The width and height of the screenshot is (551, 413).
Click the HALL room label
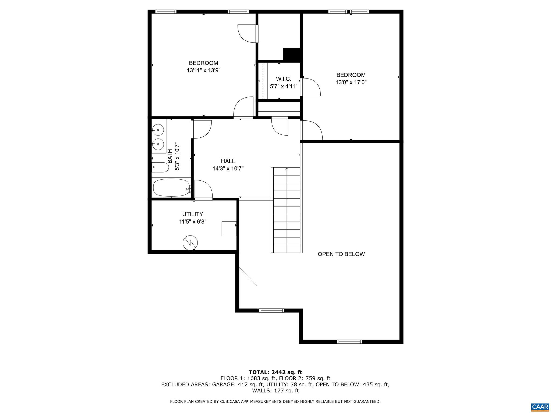pyautogui.click(x=228, y=161)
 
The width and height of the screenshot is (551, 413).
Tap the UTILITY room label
pyautogui.click(x=193, y=214)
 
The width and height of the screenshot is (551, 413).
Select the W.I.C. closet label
pyautogui.click(x=284, y=79)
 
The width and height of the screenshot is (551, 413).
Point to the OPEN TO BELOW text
pyautogui.click(x=341, y=254)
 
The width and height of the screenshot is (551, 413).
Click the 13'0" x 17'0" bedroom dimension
pyautogui.click(x=351, y=83)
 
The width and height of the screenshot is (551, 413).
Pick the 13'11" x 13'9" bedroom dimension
pyautogui.click(x=204, y=70)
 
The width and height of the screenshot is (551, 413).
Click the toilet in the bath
pyautogui.click(x=160, y=167)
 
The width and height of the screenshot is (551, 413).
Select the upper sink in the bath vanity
pyautogui.click(x=158, y=130)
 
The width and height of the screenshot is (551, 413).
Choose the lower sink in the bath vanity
pyautogui.click(x=158, y=144)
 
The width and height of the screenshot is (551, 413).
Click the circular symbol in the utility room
pyautogui.click(x=190, y=243)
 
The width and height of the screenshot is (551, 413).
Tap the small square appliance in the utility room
pyautogui.click(x=229, y=229)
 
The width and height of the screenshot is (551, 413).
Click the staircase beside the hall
pyautogui.click(x=287, y=210)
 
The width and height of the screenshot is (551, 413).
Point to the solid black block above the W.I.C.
pyautogui.click(x=292, y=54)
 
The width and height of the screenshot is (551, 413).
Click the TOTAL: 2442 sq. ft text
pyautogui.click(x=275, y=372)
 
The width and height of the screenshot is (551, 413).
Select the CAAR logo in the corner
pyautogui.click(x=540, y=407)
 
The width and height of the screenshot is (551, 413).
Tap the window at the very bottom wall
pyautogui.click(x=349, y=342)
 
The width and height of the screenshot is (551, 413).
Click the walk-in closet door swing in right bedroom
pyautogui.click(x=311, y=87)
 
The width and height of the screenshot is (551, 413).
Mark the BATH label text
pyautogui.click(x=170, y=156)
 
